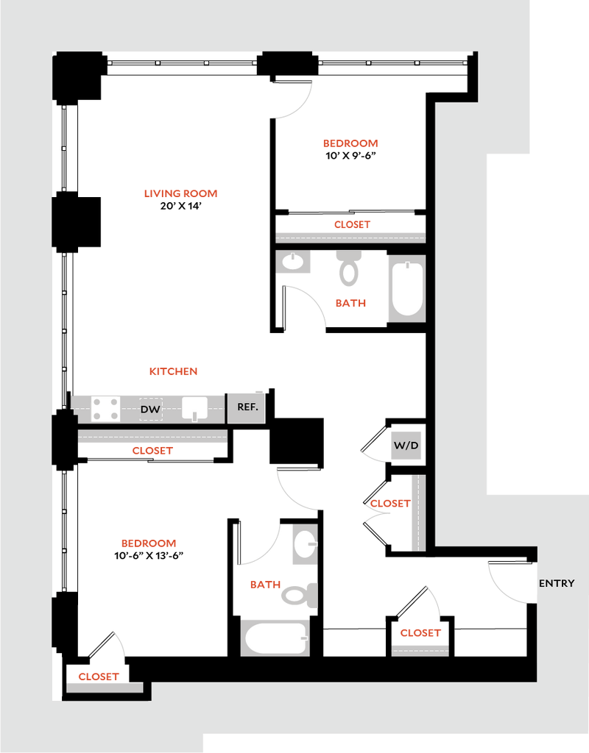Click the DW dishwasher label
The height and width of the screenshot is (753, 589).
coord(150,409)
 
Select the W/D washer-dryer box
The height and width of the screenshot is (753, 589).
coord(406,446)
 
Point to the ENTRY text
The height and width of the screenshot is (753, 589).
coord(556,583)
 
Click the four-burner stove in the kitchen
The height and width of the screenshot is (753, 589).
coord(105,409)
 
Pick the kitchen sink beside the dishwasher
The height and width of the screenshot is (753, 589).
coord(195,408)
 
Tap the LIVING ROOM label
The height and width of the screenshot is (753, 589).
coord(181,194)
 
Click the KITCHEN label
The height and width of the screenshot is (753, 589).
coord(174,372)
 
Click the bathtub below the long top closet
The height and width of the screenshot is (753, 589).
coord(406,288)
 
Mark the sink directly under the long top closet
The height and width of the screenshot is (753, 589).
coord(293,262)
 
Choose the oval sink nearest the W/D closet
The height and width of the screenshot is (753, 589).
coord(305,545)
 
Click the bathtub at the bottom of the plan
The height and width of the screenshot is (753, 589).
coord(275,637)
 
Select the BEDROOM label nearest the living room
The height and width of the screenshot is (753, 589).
coord(350,143)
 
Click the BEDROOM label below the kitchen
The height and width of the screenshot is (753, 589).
coord(149,543)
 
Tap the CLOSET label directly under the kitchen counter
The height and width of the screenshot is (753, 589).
coord(152,452)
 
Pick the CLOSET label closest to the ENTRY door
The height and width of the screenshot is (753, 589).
coord(420,632)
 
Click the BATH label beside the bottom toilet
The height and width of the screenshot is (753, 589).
coord(264,585)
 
